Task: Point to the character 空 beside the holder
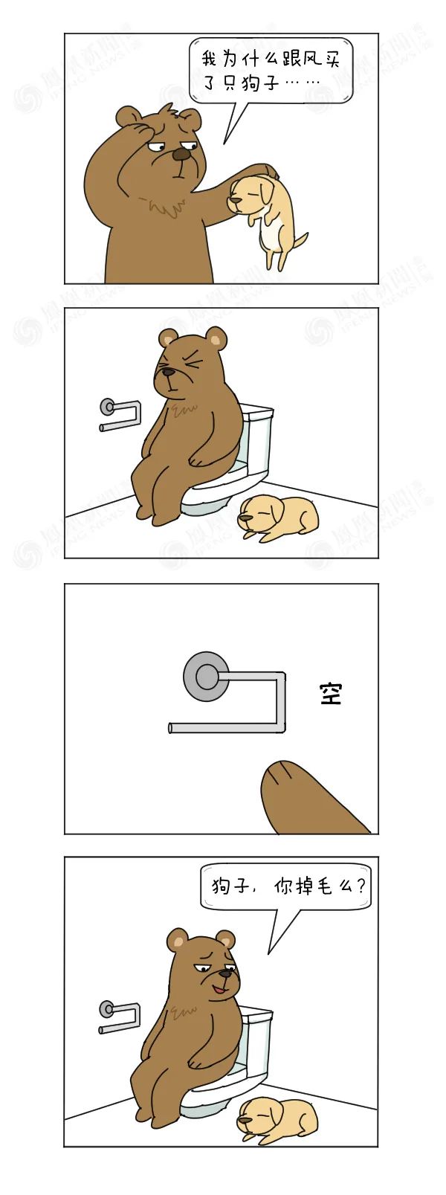pos(331,694)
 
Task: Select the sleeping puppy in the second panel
pos(278,518)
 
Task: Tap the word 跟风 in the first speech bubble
pos(298,59)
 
